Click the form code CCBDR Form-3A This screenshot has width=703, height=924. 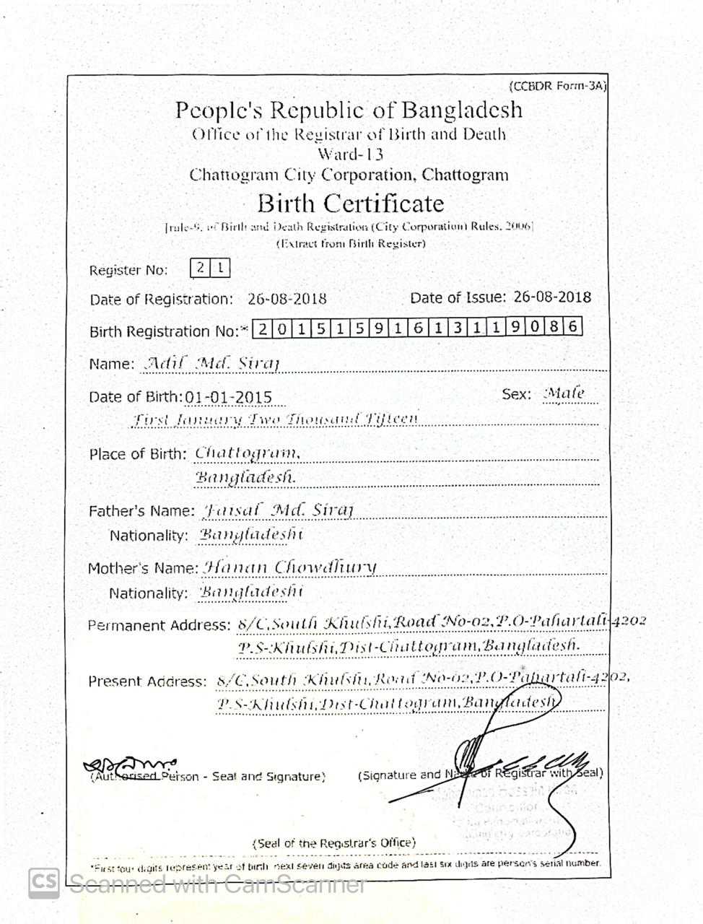[557, 87]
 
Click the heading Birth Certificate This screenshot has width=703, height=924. [350, 203]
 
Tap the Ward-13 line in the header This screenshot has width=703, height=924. [350, 154]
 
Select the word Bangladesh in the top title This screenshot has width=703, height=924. [462, 110]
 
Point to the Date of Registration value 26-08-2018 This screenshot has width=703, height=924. [287, 299]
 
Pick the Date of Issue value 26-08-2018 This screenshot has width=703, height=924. [552, 297]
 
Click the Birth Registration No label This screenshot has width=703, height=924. [164, 332]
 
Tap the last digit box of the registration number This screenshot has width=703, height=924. [573, 328]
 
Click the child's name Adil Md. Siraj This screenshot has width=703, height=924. [212, 363]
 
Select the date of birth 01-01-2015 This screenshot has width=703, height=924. [229, 397]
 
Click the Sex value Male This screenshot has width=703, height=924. [564, 394]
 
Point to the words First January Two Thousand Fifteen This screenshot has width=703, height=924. [275, 419]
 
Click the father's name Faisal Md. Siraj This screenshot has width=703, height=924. [278, 510]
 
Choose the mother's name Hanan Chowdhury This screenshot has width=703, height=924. [290, 567]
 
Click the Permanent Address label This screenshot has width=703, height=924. [158, 625]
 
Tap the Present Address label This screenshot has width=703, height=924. [147, 681]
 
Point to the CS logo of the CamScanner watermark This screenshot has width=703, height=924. [43, 883]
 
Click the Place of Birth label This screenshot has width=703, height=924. [138, 454]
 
